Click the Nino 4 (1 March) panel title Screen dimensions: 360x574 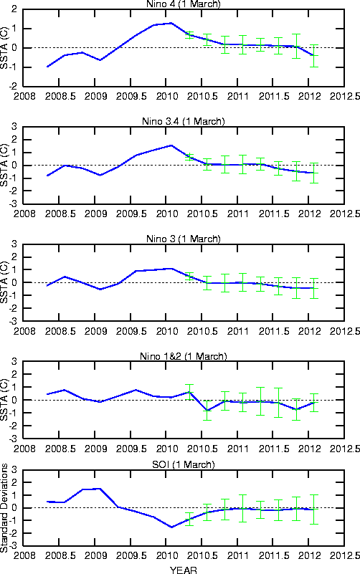pyautogui.click(x=184, y=4)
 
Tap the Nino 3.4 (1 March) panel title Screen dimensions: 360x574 pyautogui.click(x=184, y=122)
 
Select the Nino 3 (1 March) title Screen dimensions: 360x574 pyautogui.click(x=184, y=239)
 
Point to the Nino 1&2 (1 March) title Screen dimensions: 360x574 pyautogui.click(x=184, y=356)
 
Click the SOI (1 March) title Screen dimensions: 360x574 pyautogui.click(x=184, y=464)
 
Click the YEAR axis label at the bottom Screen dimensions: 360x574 pyautogui.click(x=184, y=570)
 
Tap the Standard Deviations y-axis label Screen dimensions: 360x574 pyautogui.click(x=4, y=508)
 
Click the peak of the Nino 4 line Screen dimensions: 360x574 pyautogui.click(x=171, y=23)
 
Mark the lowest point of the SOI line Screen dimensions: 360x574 pyautogui.click(x=171, y=527)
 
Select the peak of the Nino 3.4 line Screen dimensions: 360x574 pyautogui.click(x=171, y=145)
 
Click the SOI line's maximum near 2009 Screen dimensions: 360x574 pyautogui.click(x=100, y=488)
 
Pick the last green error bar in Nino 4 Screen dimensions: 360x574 pyautogui.click(x=313, y=56)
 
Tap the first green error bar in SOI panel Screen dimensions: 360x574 pyautogui.click(x=189, y=519)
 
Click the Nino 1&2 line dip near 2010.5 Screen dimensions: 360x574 pyautogui.click(x=207, y=411)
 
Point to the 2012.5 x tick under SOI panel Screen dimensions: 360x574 pyautogui.click(x=345, y=555)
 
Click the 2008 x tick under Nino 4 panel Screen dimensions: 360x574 pyautogui.click(x=24, y=96)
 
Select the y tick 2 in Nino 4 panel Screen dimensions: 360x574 pyautogui.click(x=14, y=9)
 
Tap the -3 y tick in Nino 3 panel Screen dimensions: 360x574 pyautogui.click(x=13, y=321)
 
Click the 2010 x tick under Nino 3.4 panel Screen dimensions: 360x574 pyautogui.click(x=167, y=214)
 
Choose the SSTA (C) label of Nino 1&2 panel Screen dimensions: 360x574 pyautogui.click(x=4, y=400)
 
